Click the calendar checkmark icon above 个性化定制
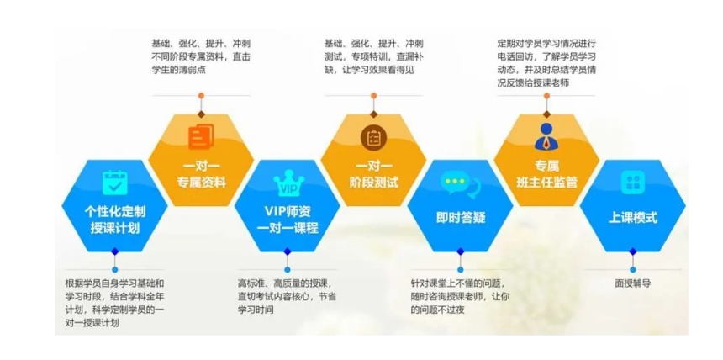[x=114, y=183]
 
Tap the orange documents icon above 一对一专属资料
[x=201, y=136]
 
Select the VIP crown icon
[x=288, y=183]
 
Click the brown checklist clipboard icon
[x=373, y=138]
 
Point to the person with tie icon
[x=546, y=136]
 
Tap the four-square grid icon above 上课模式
[x=632, y=183]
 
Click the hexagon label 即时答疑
[x=461, y=217]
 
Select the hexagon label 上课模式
[x=632, y=217]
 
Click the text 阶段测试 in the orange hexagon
[x=373, y=183]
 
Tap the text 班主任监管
[x=546, y=183]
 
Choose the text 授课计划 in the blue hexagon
[x=115, y=228]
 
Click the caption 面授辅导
[x=632, y=283]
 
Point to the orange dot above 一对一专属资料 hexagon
[x=201, y=96]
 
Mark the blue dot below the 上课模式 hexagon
[x=632, y=269]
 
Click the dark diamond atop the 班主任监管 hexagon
[x=546, y=114]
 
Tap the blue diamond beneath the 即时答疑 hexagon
[x=460, y=251]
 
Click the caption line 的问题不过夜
[x=437, y=310]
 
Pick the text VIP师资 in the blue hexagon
[x=288, y=212]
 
